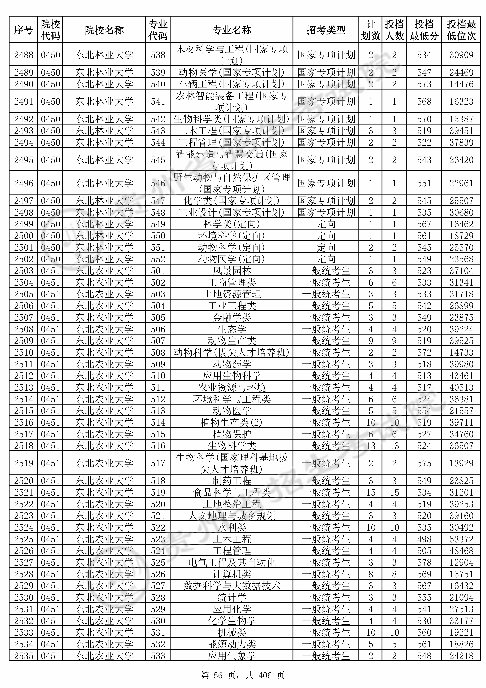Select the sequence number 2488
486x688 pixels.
(x=24, y=55)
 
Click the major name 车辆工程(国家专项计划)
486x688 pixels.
(x=231, y=84)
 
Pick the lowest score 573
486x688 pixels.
(x=424, y=84)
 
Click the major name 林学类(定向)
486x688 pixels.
(x=231, y=224)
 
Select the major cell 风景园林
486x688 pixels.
(x=231, y=271)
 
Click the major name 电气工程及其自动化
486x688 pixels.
(x=231, y=562)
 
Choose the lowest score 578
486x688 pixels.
(x=424, y=562)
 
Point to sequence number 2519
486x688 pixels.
(x=24, y=463)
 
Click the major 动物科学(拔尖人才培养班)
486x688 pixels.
(x=231, y=352)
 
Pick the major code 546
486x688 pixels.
(x=158, y=183)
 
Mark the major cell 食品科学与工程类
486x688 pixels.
(x=231, y=492)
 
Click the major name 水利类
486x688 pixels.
(x=231, y=527)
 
